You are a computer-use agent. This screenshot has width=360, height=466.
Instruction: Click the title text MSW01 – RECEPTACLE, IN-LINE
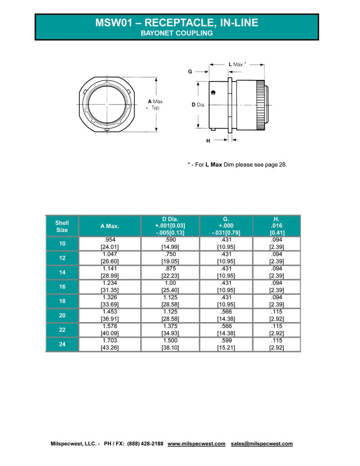click(x=177, y=22)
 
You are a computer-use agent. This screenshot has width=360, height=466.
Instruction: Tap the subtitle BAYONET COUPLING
click(x=177, y=33)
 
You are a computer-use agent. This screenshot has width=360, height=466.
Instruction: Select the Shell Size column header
click(x=62, y=226)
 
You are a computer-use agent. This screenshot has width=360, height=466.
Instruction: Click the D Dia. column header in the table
click(x=170, y=226)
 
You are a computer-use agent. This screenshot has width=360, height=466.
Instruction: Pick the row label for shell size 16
click(x=62, y=287)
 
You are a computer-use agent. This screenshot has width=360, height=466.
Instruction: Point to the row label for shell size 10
click(x=62, y=243)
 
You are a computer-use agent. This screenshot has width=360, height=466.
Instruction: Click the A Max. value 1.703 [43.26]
click(x=110, y=345)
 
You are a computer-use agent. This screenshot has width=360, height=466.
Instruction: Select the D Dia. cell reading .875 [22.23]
click(x=170, y=272)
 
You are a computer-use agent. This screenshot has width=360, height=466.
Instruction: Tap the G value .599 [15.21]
click(x=226, y=345)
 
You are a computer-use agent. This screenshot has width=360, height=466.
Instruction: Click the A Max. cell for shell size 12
click(x=110, y=258)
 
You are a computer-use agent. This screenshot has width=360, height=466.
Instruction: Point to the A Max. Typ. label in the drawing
click(x=156, y=105)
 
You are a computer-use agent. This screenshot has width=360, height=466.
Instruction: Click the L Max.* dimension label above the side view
click(x=237, y=64)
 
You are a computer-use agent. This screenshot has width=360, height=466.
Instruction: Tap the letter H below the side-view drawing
click(x=208, y=140)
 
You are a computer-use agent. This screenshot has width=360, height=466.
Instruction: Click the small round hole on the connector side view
click(x=213, y=92)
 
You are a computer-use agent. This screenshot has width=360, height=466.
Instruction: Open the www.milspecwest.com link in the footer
click(x=196, y=444)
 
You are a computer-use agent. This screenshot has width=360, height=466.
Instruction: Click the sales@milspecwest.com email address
click(x=262, y=444)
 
